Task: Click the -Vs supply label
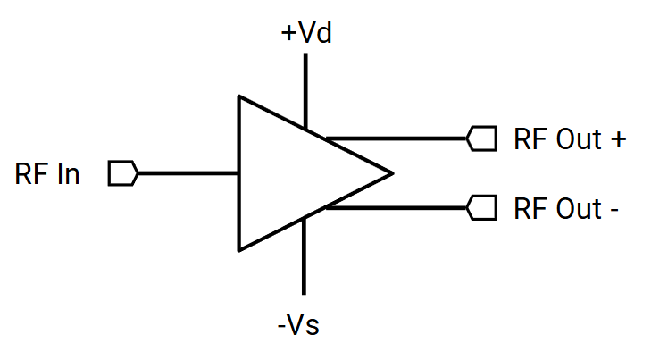point(297,324)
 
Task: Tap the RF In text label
point(47,174)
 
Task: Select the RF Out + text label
point(570,139)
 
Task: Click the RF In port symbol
point(122,173)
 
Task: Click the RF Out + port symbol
point(482,139)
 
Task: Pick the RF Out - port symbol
point(482,208)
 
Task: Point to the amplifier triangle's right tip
point(391,172)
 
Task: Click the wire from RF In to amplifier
point(188,173)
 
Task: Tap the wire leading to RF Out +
point(397,139)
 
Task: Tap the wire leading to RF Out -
point(397,208)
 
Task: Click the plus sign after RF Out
point(618,140)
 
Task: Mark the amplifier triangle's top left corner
point(238,96)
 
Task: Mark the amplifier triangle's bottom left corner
point(238,250)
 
